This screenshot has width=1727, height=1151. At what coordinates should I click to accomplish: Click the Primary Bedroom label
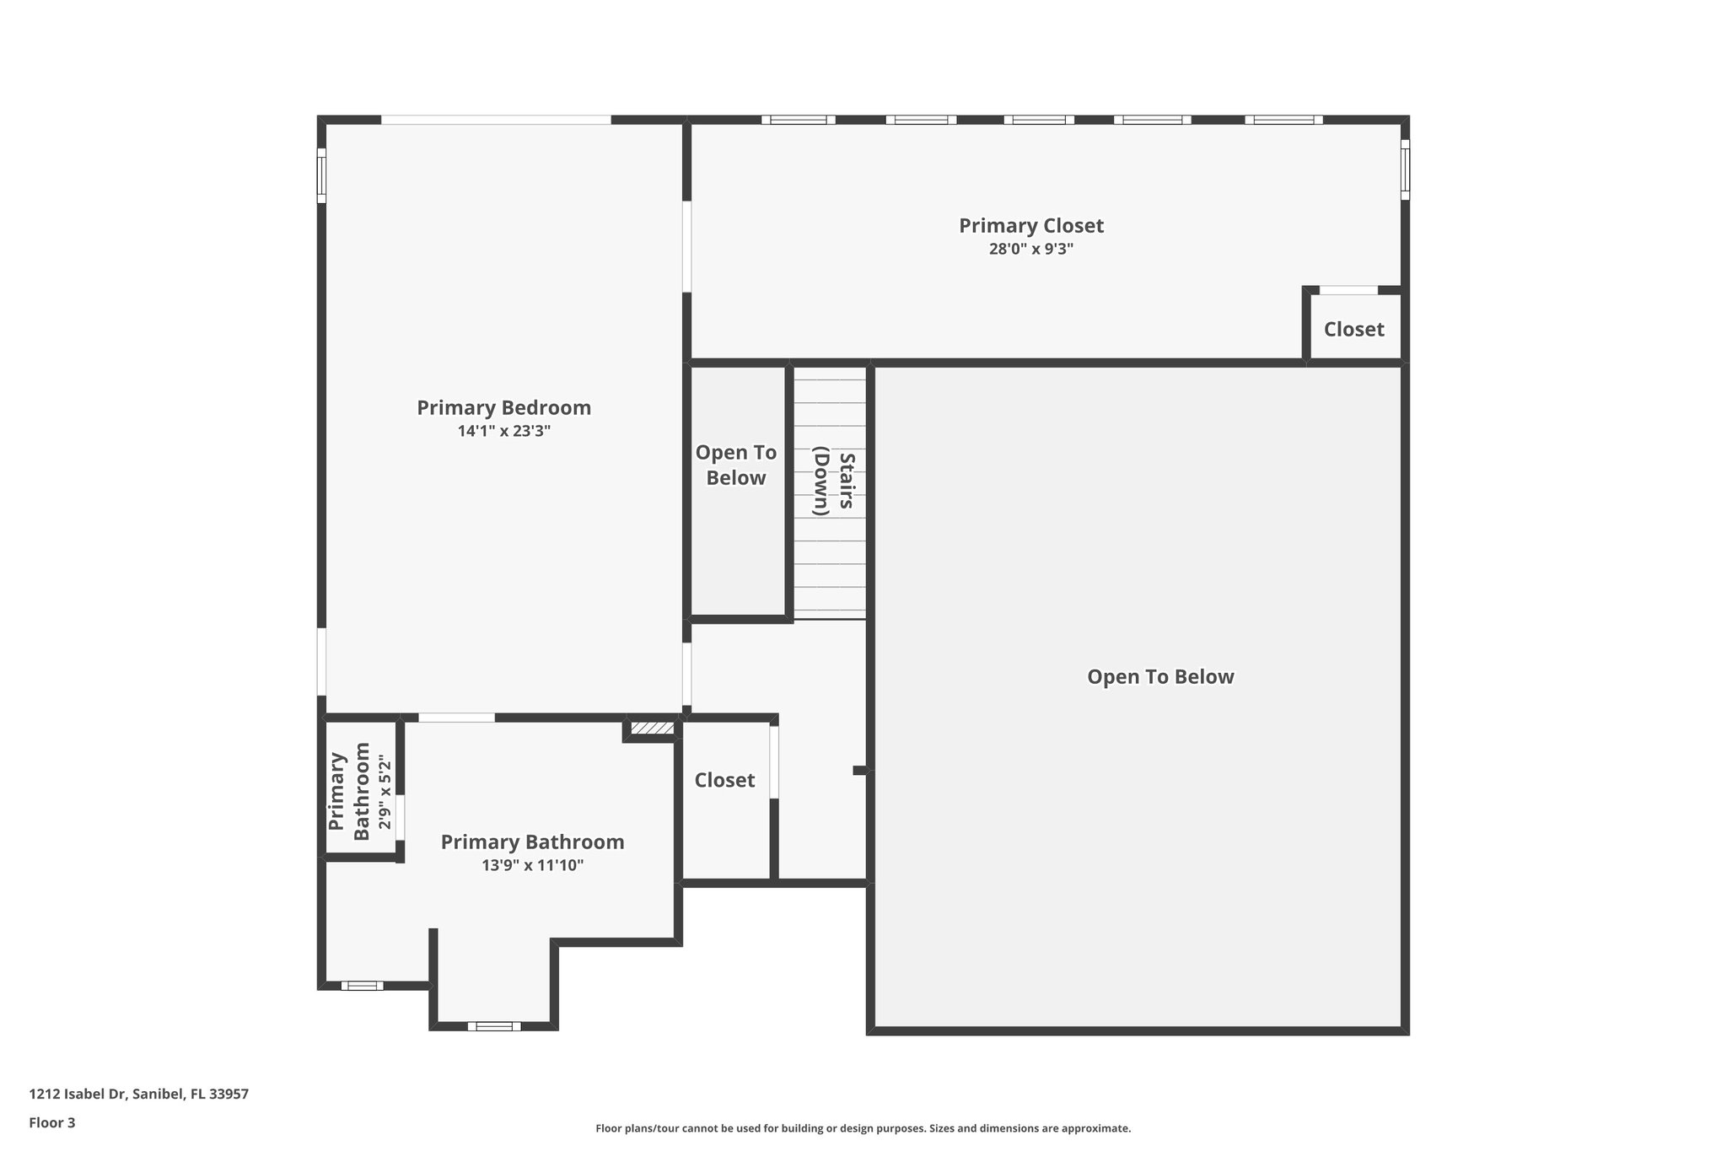[x=503, y=408]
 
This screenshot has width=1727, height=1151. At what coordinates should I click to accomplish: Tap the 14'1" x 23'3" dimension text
[x=503, y=431]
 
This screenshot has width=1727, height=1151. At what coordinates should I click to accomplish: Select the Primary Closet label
[x=1030, y=226]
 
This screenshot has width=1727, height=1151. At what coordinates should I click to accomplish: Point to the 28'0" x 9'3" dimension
[x=1030, y=250]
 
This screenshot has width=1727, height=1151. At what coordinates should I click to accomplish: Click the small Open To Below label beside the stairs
[x=735, y=465]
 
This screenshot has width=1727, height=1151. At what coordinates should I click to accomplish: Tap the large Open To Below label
[x=1160, y=677]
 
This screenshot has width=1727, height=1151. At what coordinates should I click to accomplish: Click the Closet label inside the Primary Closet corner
[x=1353, y=330]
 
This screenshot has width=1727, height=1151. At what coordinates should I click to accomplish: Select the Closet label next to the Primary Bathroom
[x=724, y=781]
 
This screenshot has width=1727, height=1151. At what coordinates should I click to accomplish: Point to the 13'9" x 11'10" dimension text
[x=532, y=865]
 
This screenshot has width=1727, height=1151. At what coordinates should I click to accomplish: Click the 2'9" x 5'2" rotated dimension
[x=385, y=793]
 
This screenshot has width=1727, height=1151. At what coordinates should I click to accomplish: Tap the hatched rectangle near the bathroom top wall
[x=652, y=728]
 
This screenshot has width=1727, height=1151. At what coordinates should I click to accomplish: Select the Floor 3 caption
[x=52, y=1122]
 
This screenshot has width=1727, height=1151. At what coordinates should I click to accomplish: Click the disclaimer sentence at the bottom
[x=863, y=1128]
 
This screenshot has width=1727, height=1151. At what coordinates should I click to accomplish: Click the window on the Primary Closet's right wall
[x=1405, y=169]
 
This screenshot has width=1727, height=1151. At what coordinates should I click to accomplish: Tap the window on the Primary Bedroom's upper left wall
[x=321, y=175]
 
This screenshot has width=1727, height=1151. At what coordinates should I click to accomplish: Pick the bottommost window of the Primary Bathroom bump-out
[x=494, y=1026]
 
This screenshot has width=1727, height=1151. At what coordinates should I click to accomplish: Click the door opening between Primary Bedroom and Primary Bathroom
[x=456, y=718]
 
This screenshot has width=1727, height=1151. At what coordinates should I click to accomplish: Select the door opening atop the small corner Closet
[x=1348, y=290]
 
